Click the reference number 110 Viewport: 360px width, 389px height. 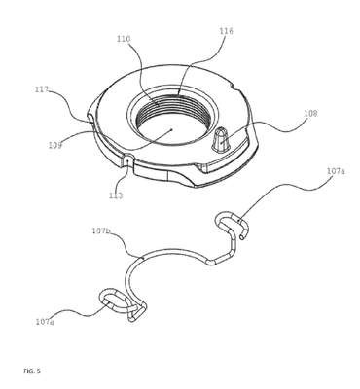(124, 39)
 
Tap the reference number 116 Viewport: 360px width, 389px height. (226, 31)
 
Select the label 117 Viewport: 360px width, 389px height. (42, 89)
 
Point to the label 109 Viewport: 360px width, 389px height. (54, 145)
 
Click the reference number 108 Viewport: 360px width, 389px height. (310, 114)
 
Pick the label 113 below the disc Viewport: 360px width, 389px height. (116, 195)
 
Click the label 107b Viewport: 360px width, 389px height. (101, 230)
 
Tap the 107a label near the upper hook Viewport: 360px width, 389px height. (336, 172)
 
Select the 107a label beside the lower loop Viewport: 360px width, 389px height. (45, 322)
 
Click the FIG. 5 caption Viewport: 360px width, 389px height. (32, 371)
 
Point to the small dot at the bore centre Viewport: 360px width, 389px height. (171, 129)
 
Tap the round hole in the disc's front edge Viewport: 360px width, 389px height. (128, 159)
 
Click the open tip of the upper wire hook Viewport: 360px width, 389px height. (242, 238)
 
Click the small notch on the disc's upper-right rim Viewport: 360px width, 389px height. (234, 86)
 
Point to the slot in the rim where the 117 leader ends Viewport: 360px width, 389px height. (90, 118)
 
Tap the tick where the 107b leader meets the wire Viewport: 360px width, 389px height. (142, 258)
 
